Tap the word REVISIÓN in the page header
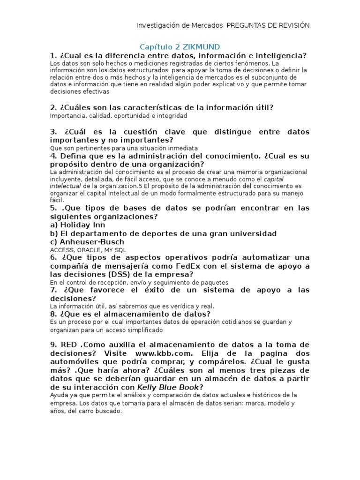292,25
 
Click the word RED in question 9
69,345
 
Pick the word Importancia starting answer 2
66,115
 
